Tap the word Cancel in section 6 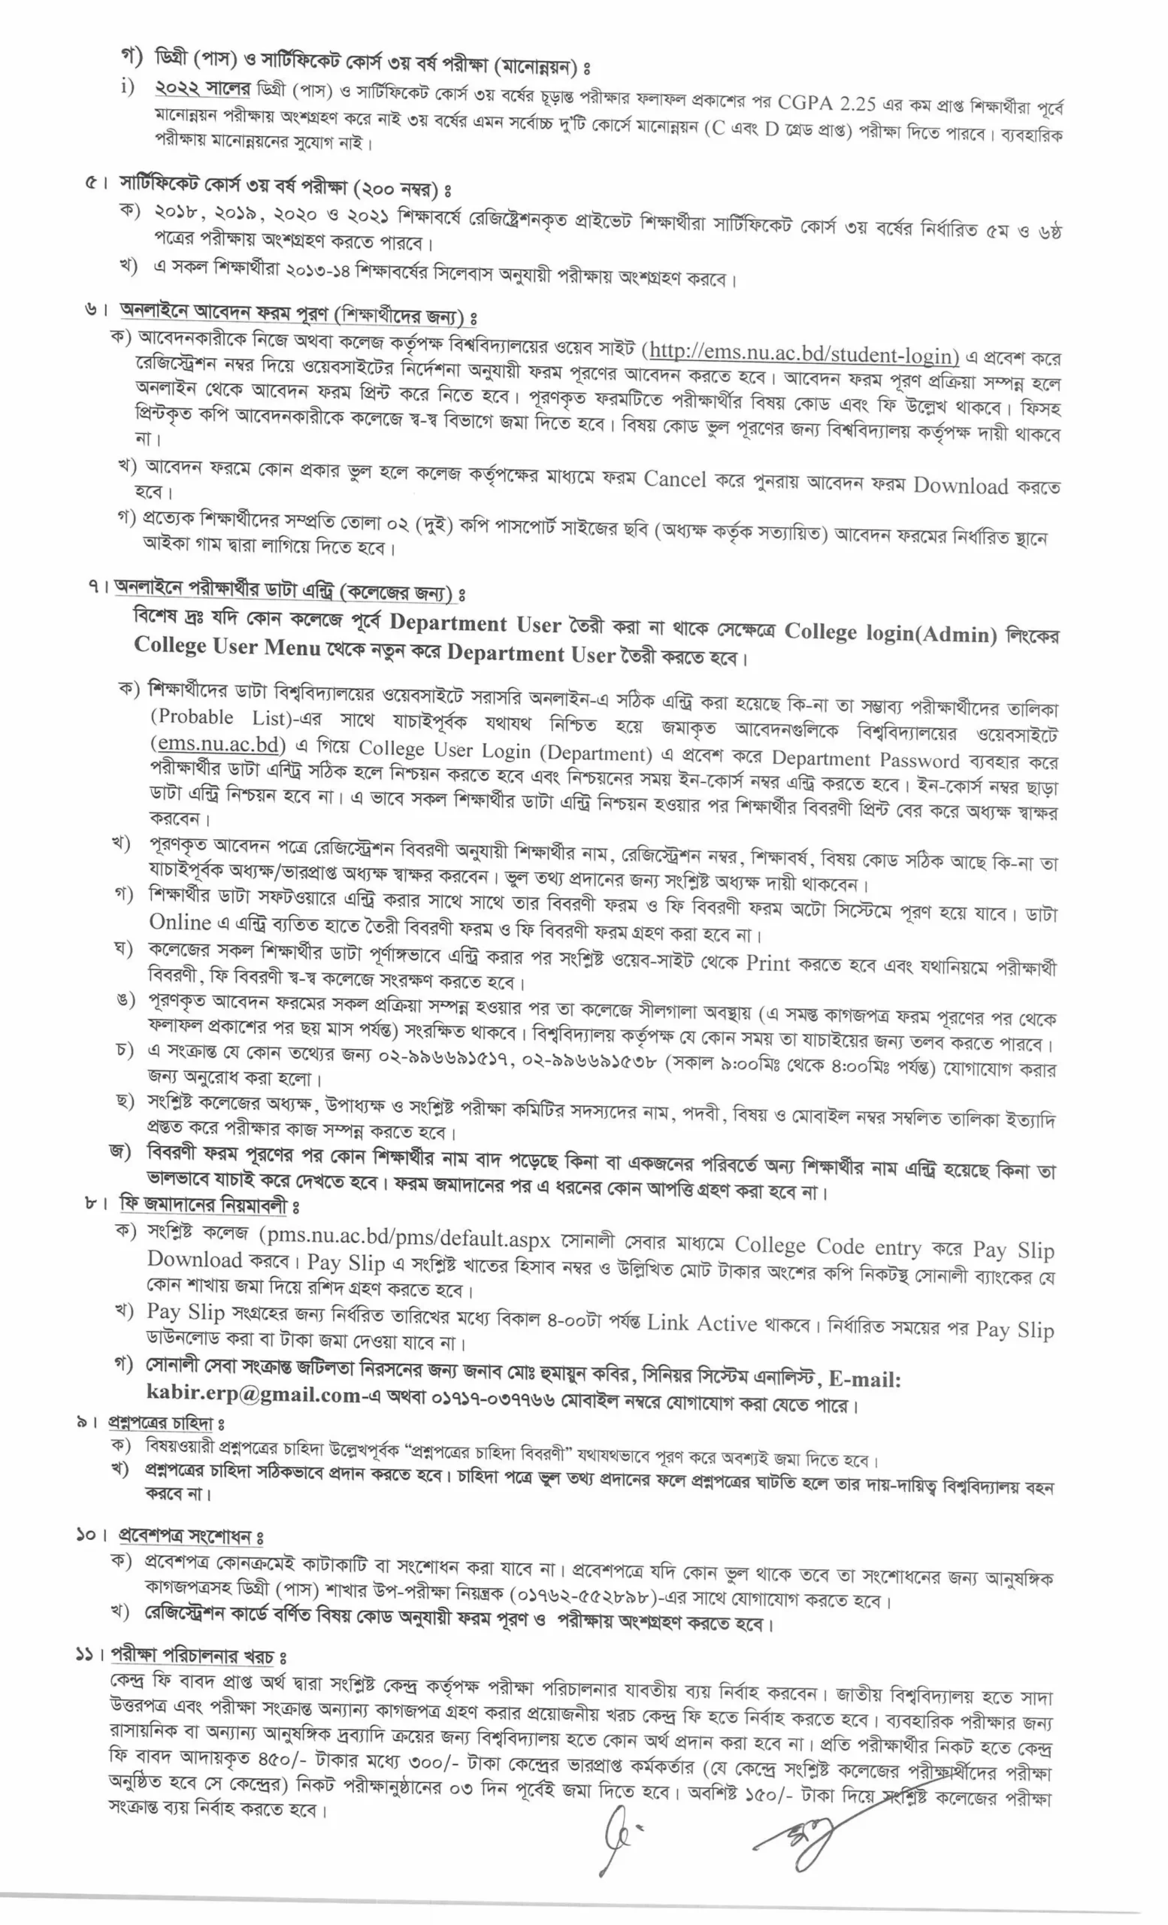click(674, 479)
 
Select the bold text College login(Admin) click(890, 633)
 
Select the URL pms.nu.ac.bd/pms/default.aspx click(406, 1239)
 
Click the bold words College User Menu click(226, 646)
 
